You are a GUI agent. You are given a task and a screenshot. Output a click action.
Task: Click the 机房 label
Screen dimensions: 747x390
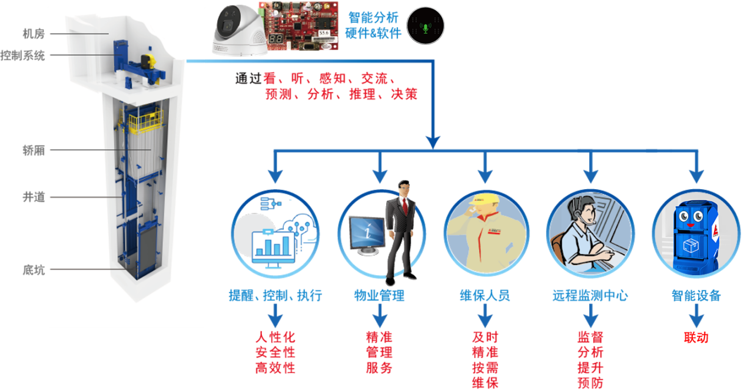pos(34,34)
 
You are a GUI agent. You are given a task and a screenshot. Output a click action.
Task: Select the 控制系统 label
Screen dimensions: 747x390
pos(23,55)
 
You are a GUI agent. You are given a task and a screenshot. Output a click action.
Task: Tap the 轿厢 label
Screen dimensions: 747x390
pos(34,150)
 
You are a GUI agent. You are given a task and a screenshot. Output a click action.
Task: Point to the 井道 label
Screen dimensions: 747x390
pos(34,197)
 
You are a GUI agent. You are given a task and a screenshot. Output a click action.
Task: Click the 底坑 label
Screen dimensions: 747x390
pos(34,270)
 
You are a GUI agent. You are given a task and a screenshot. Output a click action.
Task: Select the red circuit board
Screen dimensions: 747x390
pos(299,26)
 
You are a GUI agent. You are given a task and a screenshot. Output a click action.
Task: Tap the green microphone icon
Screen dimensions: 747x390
pos(426,28)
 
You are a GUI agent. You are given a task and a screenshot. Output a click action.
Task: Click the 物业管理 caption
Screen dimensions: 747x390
pos(380,296)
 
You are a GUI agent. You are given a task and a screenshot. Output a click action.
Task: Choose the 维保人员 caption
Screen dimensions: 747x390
pos(485,296)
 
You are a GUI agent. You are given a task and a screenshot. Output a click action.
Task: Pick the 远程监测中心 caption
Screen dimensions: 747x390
pos(590,296)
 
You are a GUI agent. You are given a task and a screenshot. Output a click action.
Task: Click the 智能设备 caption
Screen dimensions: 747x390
pos(696,296)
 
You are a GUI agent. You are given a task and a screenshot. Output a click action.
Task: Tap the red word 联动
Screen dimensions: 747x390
pos(696,338)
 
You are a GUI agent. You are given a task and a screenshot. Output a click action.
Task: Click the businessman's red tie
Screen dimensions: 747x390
pos(405,206)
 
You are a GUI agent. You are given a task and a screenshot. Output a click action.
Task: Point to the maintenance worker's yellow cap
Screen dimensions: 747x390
pos(485,199)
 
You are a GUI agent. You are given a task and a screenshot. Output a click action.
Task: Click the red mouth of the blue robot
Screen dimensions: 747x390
pos(690,226)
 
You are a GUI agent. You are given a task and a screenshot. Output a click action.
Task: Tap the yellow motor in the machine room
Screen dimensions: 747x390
pos(149,62)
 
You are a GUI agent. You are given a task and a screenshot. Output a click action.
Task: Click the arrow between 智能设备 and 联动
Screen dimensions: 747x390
pos(696,316)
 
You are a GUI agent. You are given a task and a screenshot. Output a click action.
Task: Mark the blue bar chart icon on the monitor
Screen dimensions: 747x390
pos(273,246)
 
